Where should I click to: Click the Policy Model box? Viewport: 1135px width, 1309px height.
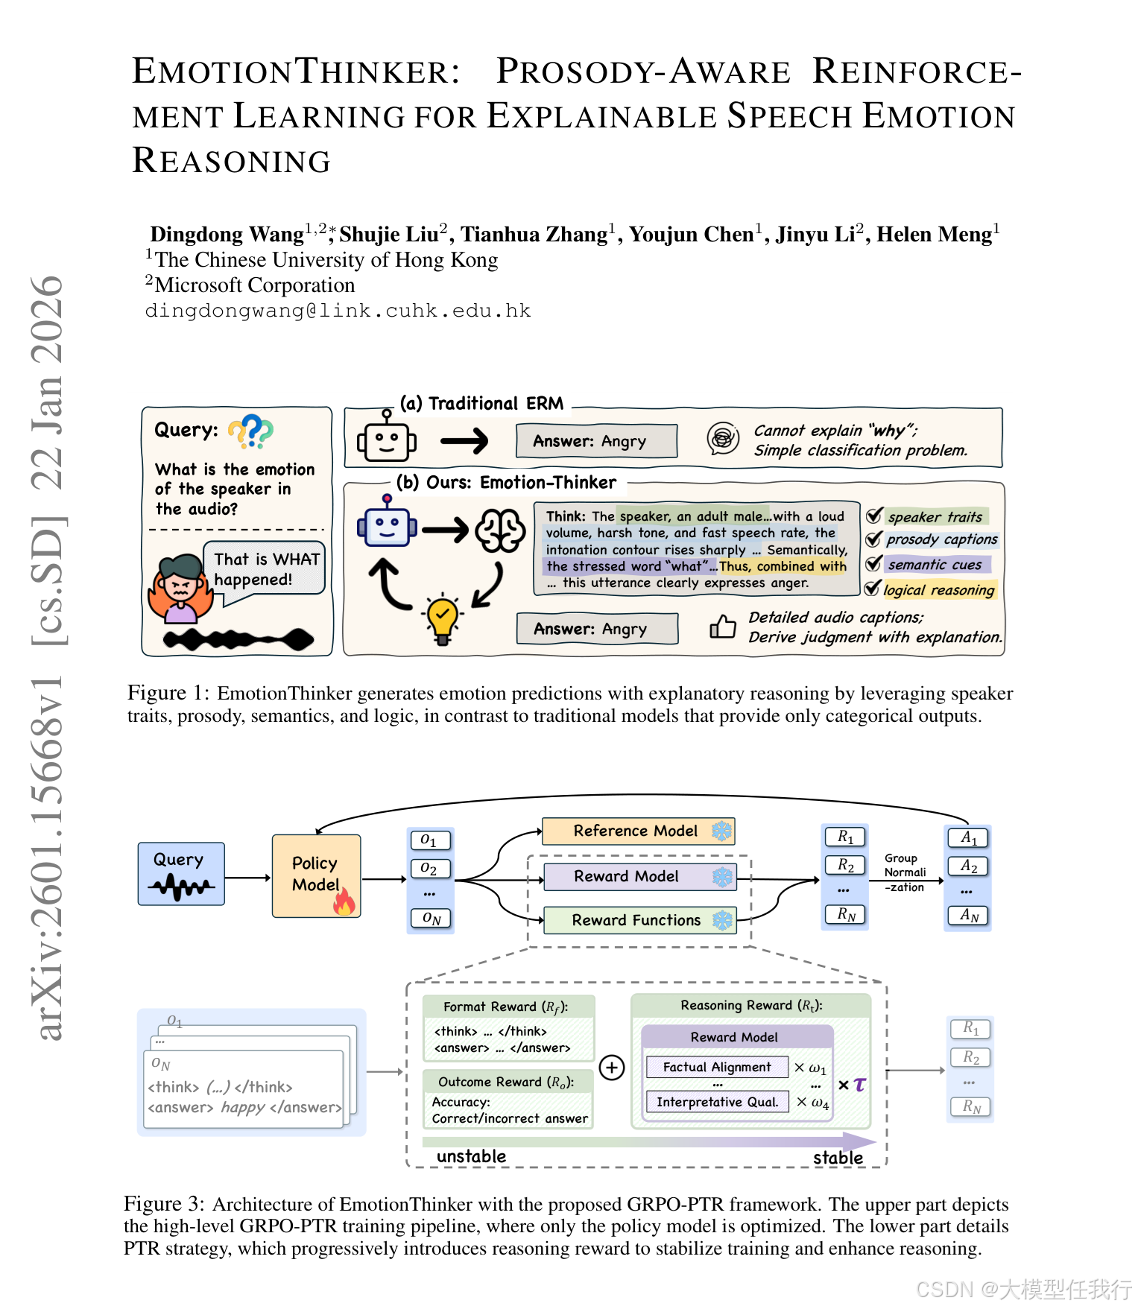point(316,875)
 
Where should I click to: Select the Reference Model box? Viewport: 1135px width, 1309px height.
point(637,831)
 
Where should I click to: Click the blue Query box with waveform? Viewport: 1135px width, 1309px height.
point(181,874)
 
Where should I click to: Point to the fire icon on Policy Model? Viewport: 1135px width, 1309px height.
point(344,902)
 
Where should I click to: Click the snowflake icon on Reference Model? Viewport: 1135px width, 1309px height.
point(721,831)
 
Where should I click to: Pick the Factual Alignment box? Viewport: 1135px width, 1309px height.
point(716,1067)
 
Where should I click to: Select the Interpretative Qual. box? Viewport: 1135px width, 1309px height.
point(716,1102)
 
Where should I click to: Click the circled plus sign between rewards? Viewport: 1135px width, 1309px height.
point(612,1068)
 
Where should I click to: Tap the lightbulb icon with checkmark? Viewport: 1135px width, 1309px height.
point(442,619)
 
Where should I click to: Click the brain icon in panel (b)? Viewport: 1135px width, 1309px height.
point(501,530)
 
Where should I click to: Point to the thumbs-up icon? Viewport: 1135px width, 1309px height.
point(722,627)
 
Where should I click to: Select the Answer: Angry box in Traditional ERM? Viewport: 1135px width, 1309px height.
point(596,441)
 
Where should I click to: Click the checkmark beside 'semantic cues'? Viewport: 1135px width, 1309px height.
point(873,564)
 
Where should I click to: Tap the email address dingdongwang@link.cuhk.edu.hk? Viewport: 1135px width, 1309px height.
point(338,311)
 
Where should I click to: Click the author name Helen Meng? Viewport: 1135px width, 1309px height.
point(936,235)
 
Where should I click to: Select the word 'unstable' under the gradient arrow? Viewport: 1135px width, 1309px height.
point(471,1156)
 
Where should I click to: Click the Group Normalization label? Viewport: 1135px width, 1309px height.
point(905,872)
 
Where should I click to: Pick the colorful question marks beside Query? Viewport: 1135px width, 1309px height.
point(251,431)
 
